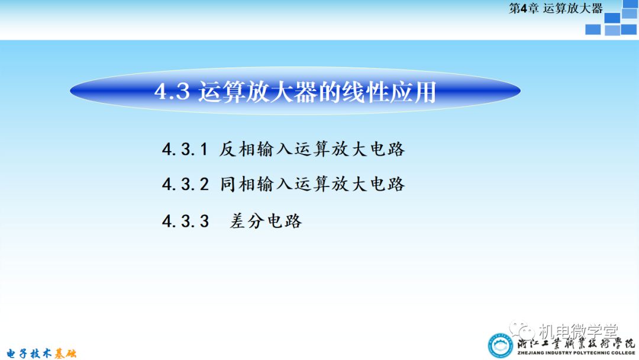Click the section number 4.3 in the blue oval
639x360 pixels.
(x=171, y=92)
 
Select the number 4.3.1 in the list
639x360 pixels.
(x=185, y=149)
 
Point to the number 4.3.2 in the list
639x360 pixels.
(x=185, y=184)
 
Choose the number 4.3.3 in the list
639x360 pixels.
(x=185, y=221)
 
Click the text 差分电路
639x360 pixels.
(x=266, y=221)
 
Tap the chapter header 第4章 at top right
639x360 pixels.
(x=524, y=8)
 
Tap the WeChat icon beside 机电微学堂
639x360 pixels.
(x=523, y=329)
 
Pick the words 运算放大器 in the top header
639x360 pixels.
(x=573, y=8)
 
